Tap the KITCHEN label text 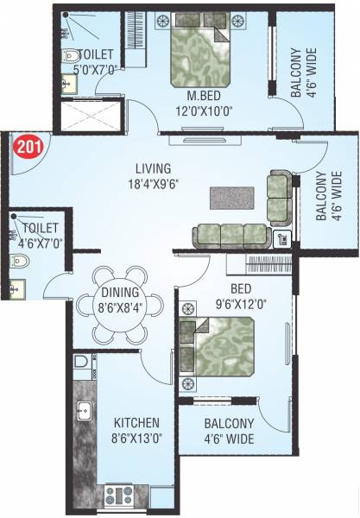point(136,423)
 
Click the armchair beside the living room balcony point(279,198)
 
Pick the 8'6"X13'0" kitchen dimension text point(136,438)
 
